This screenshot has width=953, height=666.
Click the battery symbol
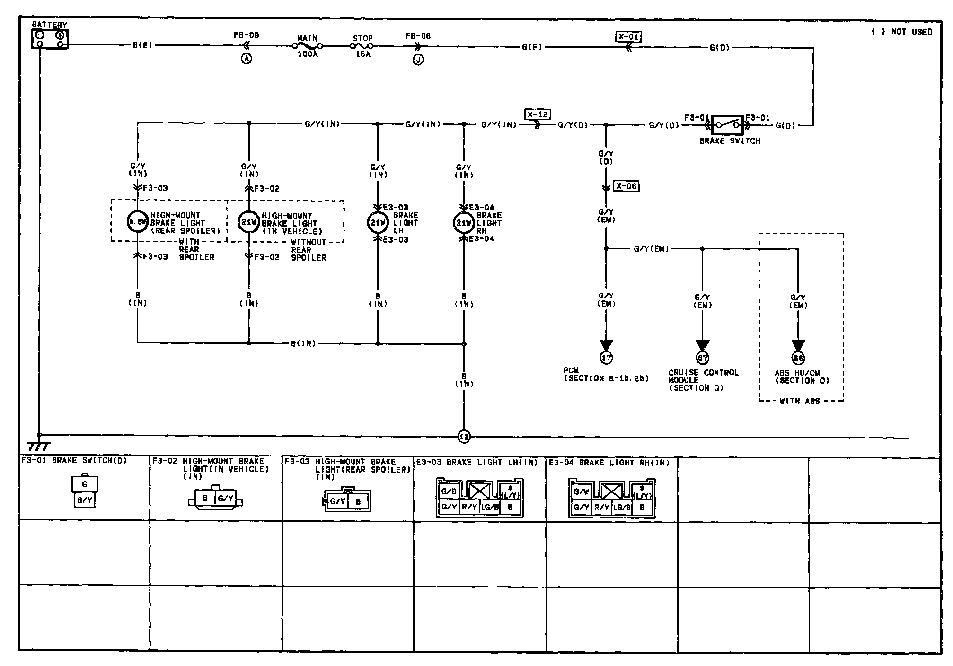(50, 39)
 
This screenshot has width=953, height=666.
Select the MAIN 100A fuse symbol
(307, 46)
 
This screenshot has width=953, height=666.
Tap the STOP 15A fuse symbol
(362, 46)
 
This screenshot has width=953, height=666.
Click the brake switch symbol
(727, 125)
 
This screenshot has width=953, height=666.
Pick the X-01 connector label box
(629, 36)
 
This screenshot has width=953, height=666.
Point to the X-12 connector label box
(538, 114)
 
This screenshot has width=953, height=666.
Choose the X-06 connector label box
(626, 186)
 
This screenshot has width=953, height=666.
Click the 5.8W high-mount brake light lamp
(138, 221)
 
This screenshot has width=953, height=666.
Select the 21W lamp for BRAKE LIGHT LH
(378, 222)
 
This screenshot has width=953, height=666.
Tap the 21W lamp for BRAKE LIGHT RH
(464, 223)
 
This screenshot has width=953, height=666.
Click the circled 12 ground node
(464, 437)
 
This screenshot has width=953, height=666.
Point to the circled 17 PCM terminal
(606, 358)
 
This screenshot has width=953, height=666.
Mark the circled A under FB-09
(247, 59)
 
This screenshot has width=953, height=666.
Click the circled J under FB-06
(418, 60)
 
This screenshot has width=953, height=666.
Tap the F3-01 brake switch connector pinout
(85, 492)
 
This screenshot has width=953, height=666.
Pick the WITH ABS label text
(799, 401)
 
